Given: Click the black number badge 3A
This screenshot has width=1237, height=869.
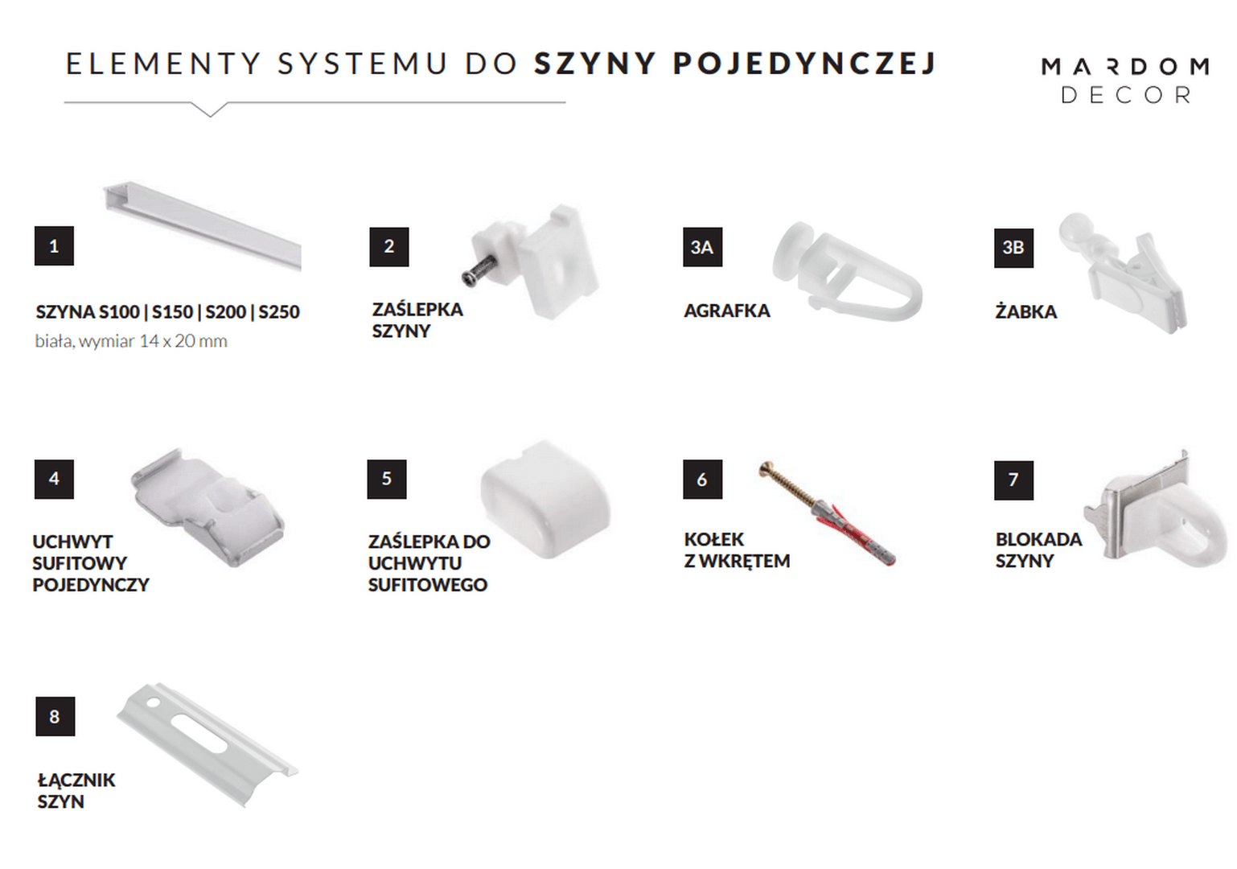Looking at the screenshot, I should click(702, 247).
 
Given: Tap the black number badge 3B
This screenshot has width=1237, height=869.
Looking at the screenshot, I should click(1013, 248).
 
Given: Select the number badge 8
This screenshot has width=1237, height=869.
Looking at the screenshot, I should click(55, 716).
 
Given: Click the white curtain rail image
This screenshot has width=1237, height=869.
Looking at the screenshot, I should click(201, 224).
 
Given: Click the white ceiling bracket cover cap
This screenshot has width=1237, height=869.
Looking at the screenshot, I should click(545, 496).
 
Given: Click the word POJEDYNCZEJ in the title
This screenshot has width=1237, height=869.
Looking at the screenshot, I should click(804, 64).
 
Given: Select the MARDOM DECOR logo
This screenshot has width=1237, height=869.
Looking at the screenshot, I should click(1124, 80).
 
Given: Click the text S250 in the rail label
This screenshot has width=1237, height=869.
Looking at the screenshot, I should click(278, 312).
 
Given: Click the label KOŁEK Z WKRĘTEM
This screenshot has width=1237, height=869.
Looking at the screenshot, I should click(736, 550).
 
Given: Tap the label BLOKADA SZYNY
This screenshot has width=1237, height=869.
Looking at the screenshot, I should click(1038, 550).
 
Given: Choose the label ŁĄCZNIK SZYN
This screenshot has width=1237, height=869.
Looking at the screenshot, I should click(76, 790).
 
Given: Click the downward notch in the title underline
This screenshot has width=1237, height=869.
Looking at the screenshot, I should click(210, 110).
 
